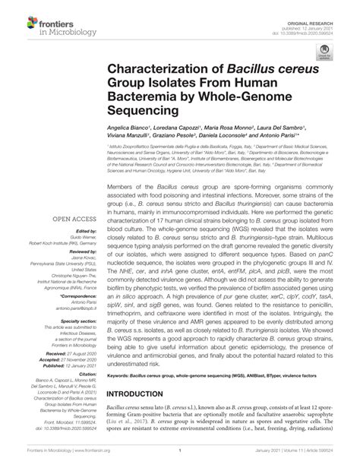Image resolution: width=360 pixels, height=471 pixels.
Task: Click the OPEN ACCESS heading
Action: (x=71, y=220)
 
